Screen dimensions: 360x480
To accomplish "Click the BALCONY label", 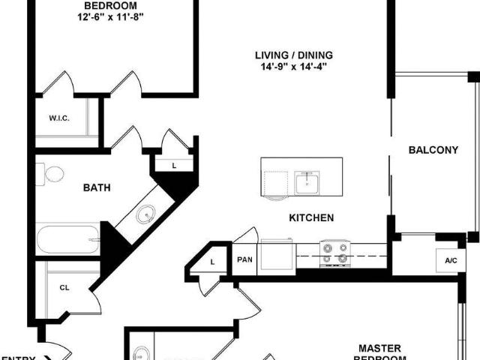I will [433, 150].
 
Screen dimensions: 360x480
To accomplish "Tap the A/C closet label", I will [451, 260].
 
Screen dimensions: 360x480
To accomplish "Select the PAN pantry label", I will [244, 259].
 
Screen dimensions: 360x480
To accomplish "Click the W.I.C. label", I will [59, 118].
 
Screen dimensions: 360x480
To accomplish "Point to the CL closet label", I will [64, 286].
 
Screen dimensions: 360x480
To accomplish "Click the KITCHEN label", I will [311, 218].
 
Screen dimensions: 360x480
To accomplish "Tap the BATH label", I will [97, 187].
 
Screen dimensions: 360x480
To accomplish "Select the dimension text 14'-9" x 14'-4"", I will [293, 67].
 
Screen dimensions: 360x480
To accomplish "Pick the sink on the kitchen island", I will [307, 182].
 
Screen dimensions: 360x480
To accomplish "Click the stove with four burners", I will [334, 253].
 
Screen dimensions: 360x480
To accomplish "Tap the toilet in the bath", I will [52, 175].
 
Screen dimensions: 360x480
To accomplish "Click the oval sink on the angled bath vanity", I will [143, 215].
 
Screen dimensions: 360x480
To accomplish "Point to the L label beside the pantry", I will [212, 262].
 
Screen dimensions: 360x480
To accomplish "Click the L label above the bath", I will [173, 165].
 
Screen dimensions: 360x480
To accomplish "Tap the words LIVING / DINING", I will [293, 55].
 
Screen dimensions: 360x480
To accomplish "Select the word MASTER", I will [379, 348].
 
